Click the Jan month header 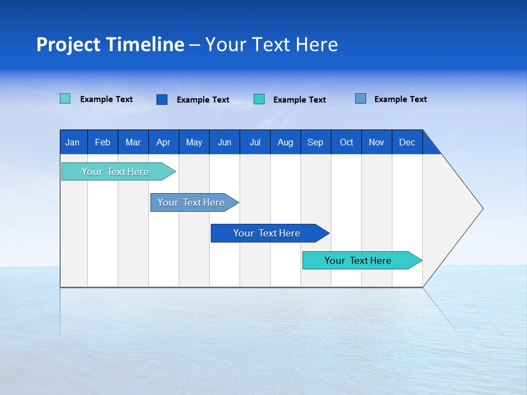[x=72, y=142]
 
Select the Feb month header [x=103, y=142]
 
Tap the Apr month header [x=163, y=142]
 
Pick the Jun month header [x=225, y=142]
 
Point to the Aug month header [x=285, y=142]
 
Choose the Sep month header [x=315, y=142]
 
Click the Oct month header [x=346, y=142]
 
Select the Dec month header [x=407, y=142]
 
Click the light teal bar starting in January [x=115, y=172]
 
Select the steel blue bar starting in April [x=191, y=202]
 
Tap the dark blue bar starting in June [x=267, y=233]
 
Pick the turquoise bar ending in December [x=358, y=261]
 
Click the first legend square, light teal [x=65, y=99]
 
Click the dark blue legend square [x=162, y=99]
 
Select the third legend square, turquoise [x=259, y=99]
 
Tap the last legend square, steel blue [x=361, y=99]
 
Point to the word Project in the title [x=68, y=44]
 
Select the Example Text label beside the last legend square [x=400, y=99]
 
